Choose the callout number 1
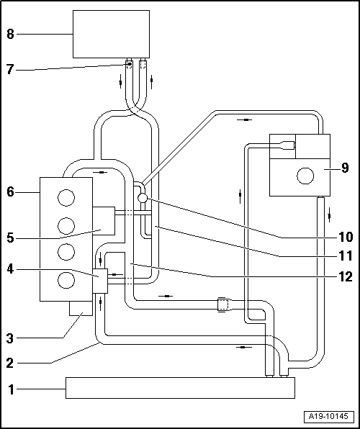click(x=11, y=391)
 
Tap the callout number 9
click(x=345, y=168)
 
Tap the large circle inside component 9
click(x=305, y=175)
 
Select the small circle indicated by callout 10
click(x=142, y=197)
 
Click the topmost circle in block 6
click(x=66, y=197)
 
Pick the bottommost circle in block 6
click(x=66, y=281)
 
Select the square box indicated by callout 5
click(x=104, y=220)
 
